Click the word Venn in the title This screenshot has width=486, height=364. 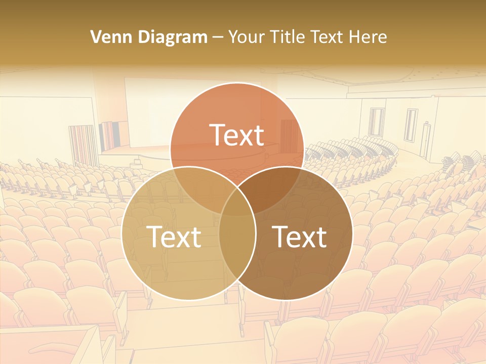tap(107, 37)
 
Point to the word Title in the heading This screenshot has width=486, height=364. tap(287, 37)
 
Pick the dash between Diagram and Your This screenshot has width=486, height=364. tap(218, 37)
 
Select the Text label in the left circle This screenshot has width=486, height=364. tap(174, 236)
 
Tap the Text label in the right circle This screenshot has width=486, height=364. tap(300, 236)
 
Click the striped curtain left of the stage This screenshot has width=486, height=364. tap(82, 145)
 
